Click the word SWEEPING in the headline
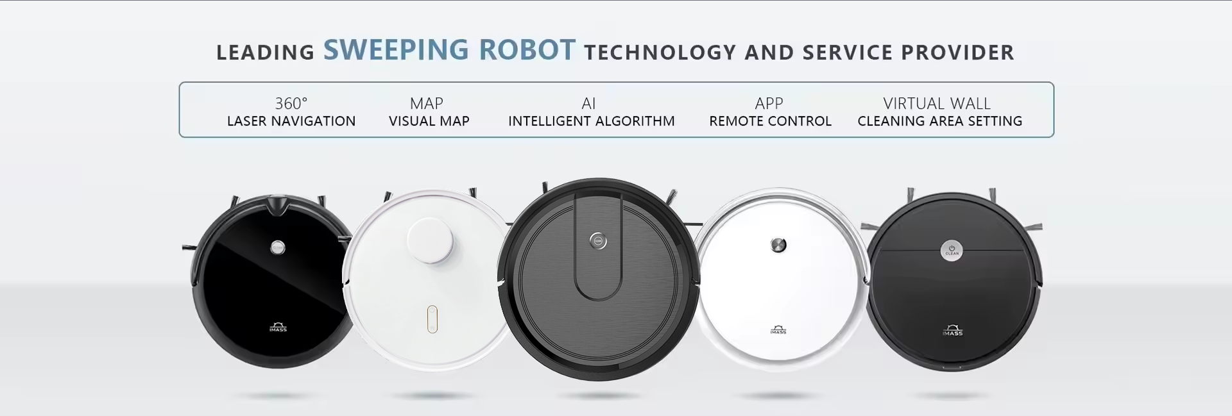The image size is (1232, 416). point(395,50)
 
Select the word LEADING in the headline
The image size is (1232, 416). point(265,53)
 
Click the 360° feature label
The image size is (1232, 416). point(291,103)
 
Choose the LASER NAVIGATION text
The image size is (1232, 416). point(291,121)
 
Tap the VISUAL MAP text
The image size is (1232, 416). point(429,121)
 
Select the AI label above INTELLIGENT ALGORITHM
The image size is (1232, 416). point(588,103)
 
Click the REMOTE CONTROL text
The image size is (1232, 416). point(770,121)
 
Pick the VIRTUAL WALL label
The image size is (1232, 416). point(937,103)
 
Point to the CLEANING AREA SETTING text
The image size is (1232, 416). point(940,121)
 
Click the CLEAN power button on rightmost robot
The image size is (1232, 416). point(952,249)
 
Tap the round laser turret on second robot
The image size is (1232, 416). point(430,240)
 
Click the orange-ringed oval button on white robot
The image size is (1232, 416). point(432,319)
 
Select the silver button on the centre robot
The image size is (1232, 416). point(598,241)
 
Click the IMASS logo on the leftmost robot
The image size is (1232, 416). point(278,328)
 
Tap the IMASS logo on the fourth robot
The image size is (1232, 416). point(778,331)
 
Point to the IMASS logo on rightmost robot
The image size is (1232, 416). point(952,331)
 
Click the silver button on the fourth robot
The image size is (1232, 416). point(778,244)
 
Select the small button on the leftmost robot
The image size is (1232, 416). point(278,246)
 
